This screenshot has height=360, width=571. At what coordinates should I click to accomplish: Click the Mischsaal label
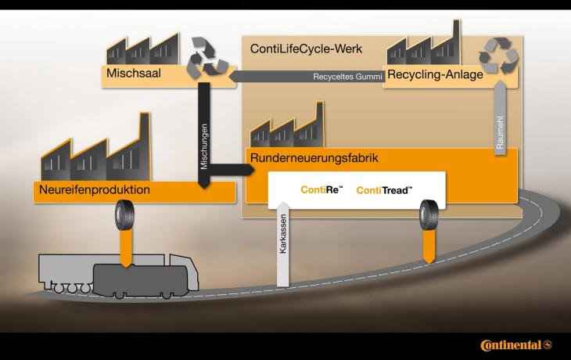[x=131, y=74]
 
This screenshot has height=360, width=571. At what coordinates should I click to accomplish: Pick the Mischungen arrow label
[x=203, y=146]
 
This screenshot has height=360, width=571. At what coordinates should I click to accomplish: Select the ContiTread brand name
[x=383, y=190]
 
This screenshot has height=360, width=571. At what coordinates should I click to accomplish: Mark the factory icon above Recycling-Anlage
[x=423, y=46]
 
